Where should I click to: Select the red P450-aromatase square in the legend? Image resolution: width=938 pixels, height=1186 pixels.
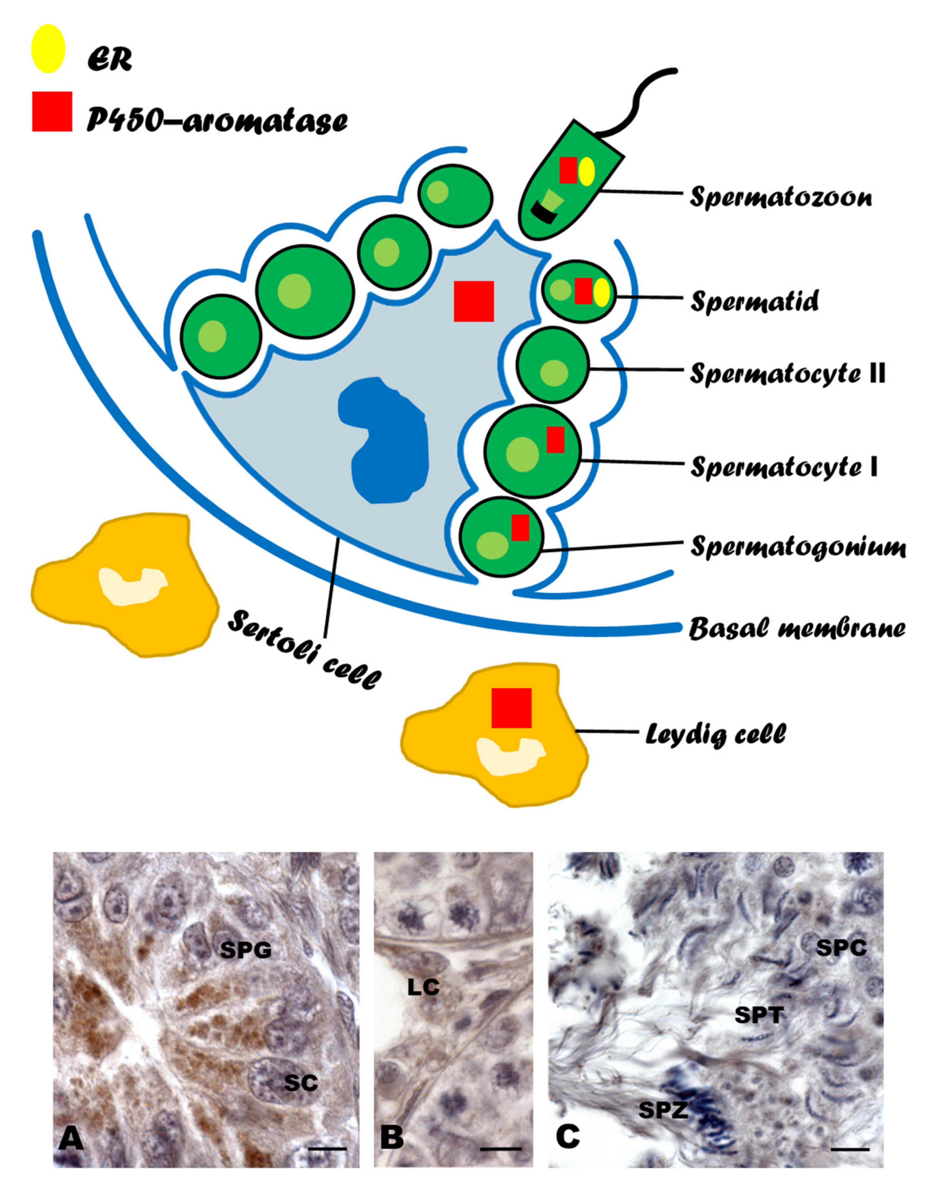tap(52, 112)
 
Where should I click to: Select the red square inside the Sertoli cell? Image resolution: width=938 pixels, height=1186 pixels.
tap(473, 301)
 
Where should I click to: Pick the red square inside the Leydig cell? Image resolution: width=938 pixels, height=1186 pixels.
tap(511, 708)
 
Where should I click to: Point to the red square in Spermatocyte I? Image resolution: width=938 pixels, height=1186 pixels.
tap(555, 440)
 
